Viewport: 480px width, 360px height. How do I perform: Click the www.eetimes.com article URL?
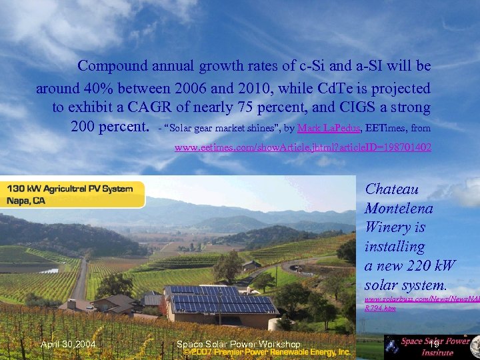pos(303,147)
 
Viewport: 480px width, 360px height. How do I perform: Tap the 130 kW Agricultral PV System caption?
pos(70,189)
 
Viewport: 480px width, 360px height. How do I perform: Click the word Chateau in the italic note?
pos(392,189)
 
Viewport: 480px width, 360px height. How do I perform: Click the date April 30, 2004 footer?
pos(68,344)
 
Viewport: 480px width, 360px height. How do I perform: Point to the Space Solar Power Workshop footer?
pos(238,344)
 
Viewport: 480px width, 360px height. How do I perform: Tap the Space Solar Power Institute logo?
pos(433,347)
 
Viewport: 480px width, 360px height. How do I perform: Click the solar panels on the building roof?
pos(220,300)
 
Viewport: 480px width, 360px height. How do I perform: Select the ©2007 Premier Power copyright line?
pos(267,352)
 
